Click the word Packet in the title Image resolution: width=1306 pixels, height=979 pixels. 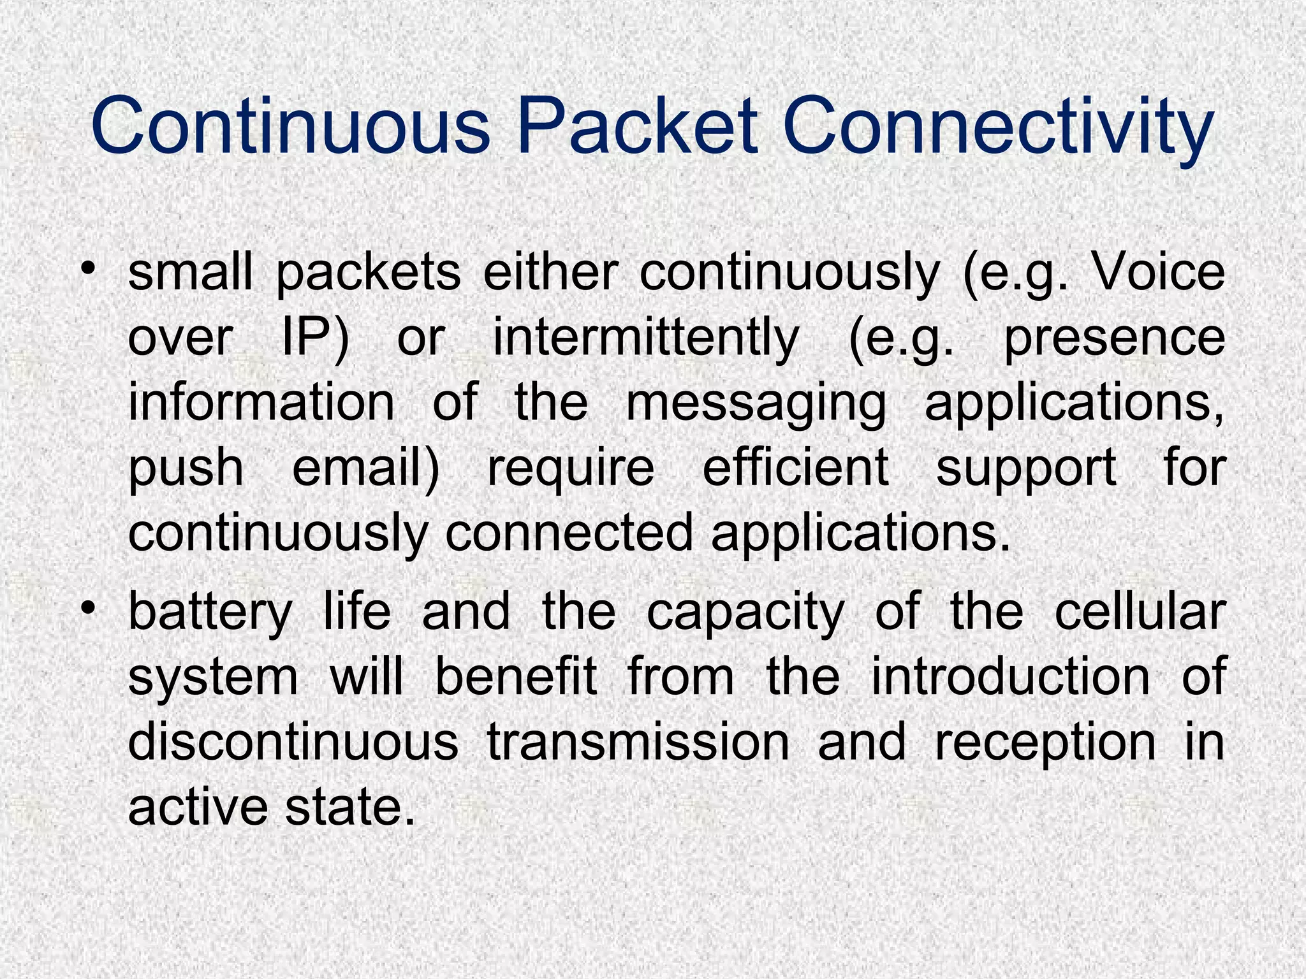[637, 127]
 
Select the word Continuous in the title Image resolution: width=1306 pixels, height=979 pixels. [290, 127]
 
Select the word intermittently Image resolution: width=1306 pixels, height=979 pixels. [645, 337]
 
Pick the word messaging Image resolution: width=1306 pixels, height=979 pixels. [756, 405]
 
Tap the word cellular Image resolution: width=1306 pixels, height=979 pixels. [1140, 612]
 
